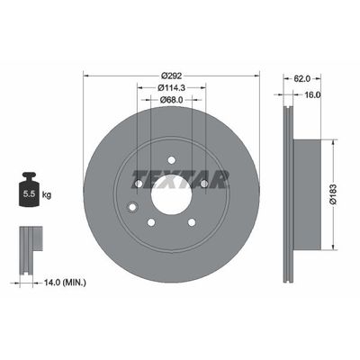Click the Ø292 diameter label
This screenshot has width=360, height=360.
[171, 76]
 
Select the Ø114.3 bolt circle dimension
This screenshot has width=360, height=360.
[171, 87]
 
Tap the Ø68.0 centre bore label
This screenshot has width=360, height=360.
[171, 100]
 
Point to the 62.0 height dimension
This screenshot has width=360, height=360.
[301, 78]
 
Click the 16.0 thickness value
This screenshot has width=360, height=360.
[312, 94]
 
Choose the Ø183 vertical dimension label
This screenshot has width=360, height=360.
[333, 194]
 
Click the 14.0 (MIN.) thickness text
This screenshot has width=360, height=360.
[65, 283]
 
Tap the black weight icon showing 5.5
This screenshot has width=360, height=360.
[30, 189]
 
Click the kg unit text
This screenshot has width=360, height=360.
[47, 195]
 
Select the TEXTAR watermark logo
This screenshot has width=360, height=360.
[180, 179]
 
